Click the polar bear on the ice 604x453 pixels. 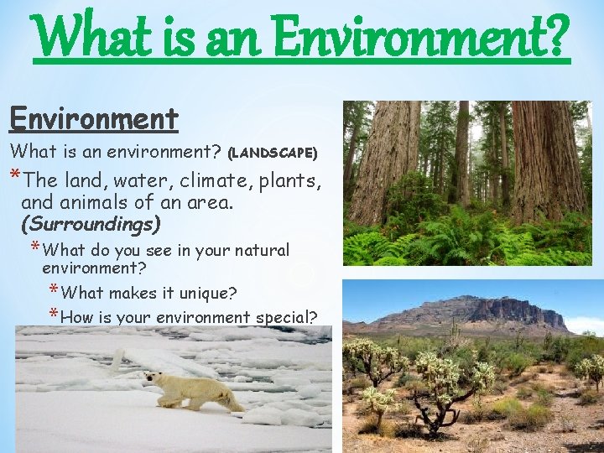coord(192,390)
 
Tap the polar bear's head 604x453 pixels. coord(154,378)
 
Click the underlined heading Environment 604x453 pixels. coord(94,119)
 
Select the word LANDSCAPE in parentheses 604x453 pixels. coord(273,153)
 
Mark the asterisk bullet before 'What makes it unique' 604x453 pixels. coord(53,291)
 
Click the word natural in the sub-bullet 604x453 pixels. coord(259,250)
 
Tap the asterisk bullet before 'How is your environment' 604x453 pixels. coord(53,315)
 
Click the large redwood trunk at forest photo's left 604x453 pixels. coord(385,159)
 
